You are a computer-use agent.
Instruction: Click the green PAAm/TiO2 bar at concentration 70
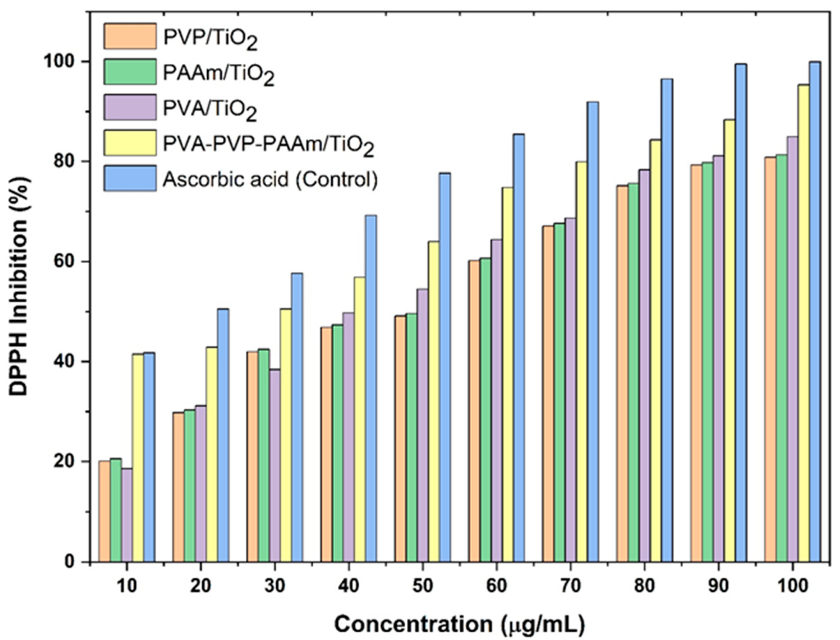(x=559, y=392)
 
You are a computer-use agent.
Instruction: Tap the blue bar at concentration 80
(x=667, y=320)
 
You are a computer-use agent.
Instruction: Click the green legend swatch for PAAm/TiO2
(x=130, y=72)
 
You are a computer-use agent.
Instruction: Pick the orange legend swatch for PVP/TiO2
(x=130, y=36)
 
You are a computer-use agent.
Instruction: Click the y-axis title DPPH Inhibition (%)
(x=19, y=286)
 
